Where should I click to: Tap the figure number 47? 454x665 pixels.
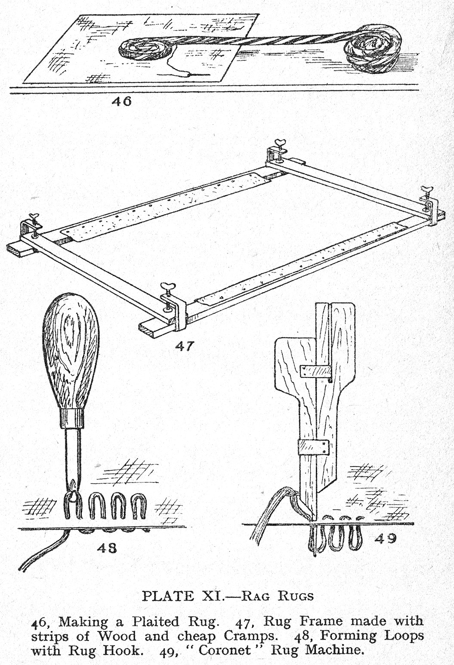point(185,346)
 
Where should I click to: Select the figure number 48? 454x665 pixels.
point(106,548)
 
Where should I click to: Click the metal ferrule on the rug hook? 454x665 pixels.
point(71,418)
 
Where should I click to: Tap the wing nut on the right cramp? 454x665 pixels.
point(427,189)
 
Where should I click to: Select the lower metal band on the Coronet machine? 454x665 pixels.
point(314,447)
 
